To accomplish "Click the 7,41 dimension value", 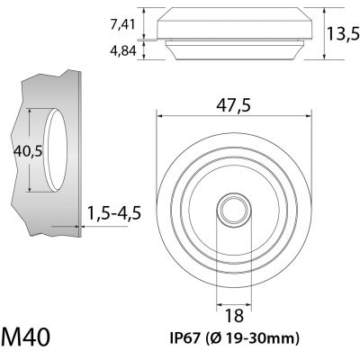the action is tap(122, 24).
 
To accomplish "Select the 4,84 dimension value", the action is tap(123, 51).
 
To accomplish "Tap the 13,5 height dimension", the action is tap(343, 33).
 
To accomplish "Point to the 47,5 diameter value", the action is tap(233, 105).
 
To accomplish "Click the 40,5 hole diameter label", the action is tap(28, 152).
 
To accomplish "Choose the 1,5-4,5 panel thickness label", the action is tap(114, 213).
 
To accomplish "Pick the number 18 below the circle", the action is tap(234, 316).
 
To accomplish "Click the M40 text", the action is tap(25, 337).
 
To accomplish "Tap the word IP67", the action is tap(185, 338).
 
